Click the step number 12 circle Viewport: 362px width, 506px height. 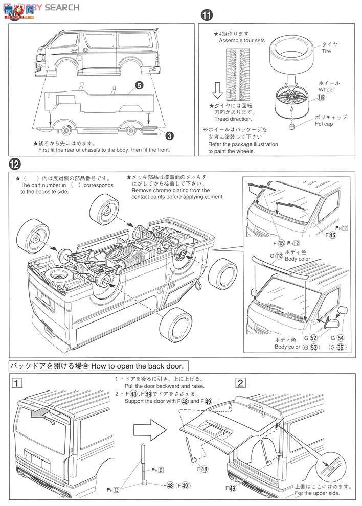coord(15,165)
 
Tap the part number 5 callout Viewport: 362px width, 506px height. coord(138,87)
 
